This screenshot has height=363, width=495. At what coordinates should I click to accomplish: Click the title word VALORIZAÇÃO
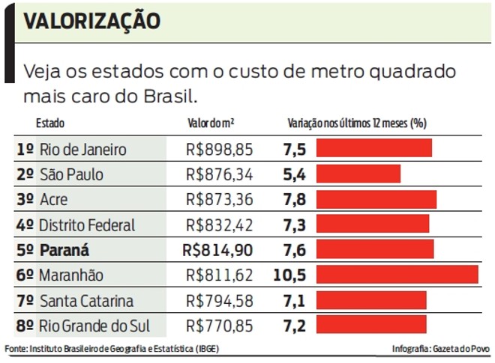(x=92, y=22)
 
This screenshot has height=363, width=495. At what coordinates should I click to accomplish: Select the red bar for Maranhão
(x=397, y=275)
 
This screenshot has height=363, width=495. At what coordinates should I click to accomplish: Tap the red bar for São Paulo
(x=358, y=174)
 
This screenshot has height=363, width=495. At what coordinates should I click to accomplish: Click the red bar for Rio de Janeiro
(x=373, y=148)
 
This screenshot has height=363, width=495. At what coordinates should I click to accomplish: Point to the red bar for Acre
(x=376, y=199)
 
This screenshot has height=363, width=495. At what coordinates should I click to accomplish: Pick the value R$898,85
(x=219, y=149)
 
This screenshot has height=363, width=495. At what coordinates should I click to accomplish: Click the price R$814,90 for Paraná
(x=218, y=249)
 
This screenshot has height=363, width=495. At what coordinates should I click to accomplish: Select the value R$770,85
(x=219, y=326)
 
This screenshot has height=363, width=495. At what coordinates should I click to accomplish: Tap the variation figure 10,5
(x=289, y=275)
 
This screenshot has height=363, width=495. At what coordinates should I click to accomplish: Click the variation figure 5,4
(x=295, y=174)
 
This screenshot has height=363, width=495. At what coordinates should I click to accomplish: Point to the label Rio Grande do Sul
(x=94, y=326)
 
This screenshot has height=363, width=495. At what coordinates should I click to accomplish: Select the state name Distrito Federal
(x=87, y=225)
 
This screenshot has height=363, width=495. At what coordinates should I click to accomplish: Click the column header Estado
(x=50, y=123)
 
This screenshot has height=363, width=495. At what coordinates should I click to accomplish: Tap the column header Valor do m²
(x=211, y=123)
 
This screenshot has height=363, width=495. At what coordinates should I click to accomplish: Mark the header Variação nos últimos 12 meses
(x=357, y=123)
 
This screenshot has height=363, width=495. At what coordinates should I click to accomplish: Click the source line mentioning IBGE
(x=112, y=350)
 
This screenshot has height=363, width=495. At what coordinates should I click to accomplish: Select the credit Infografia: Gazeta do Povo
(x=439, y=350)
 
